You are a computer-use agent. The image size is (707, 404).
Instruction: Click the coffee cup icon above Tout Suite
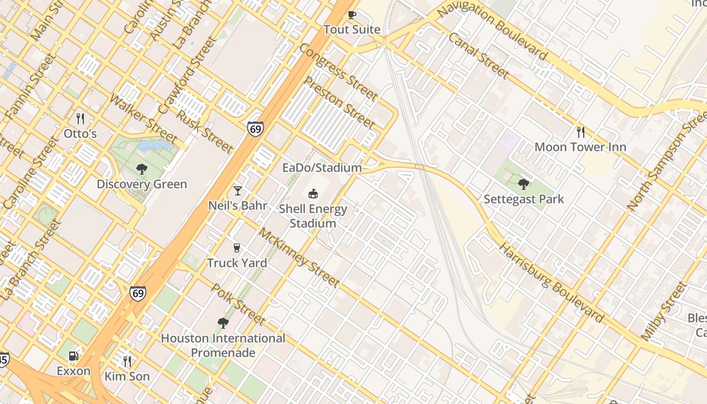tap(352, 15)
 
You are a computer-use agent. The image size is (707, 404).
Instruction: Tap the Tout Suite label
tap(352, 29)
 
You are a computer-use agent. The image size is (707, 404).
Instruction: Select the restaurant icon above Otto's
tap(80, 119)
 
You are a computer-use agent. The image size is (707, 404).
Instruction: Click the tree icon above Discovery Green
tap(142, 169)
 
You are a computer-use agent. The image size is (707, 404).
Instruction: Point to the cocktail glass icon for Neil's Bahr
tap(237, 191)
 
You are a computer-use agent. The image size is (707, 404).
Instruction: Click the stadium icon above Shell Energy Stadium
tap(313, 193)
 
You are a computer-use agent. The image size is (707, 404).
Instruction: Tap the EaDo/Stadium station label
tap(322, 168)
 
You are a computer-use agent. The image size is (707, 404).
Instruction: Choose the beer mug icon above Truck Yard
tap(236, 248)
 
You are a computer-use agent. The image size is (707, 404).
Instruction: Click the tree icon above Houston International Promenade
tap(223, 323)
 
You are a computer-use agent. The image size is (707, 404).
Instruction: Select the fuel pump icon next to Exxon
tap(74, 357)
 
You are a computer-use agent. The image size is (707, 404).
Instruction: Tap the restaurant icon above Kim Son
tap(127, 361)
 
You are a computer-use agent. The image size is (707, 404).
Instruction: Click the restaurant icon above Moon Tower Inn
tap(581, 132)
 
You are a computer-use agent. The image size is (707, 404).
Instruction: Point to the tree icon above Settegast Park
tap(524, 184)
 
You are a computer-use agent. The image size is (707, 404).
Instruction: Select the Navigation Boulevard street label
tap(492, 30)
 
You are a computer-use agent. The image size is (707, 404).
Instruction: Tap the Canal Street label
tap(478, 56)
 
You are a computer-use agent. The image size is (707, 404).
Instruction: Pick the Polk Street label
tap(237, 304)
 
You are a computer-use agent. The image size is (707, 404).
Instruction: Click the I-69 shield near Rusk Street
tap(256, 129)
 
